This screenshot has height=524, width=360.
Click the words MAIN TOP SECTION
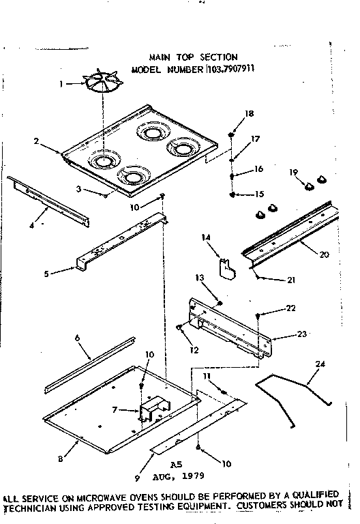[x=193, y=57]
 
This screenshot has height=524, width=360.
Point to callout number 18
[x=249, y=114]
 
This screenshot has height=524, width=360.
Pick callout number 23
[x=302, y=334]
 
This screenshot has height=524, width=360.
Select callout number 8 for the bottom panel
[x=61, y=459]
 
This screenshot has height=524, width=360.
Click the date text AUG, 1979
[x=179, y=475]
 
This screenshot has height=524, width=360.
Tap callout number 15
[x=259, y=194]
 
